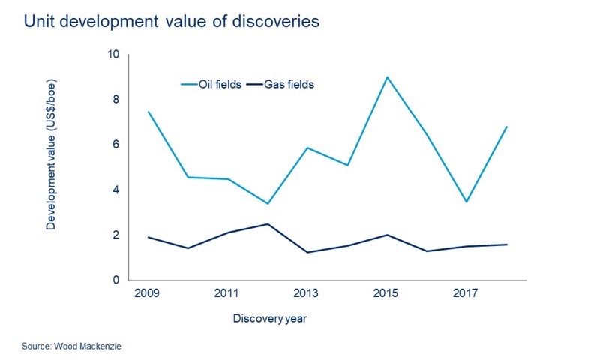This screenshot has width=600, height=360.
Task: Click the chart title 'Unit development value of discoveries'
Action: point(172,22)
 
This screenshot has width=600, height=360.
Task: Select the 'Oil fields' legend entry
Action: point(218,85)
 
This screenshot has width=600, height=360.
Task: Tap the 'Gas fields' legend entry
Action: point(288,85)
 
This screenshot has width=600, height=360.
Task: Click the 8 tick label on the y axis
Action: point(115,100)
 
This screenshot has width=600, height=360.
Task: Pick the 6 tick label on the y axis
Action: point(115,145)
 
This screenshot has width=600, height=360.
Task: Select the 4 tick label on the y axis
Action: point(115,190)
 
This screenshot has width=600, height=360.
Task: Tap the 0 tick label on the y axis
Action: point(115,280)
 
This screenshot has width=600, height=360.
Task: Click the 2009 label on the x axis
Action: point(147,292)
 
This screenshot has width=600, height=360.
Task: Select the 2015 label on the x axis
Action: point(386,292)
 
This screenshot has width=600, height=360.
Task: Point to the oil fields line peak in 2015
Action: point(386,77)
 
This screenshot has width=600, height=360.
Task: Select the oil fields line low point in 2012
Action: point(267,203)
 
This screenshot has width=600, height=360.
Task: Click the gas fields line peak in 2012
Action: point(267,223)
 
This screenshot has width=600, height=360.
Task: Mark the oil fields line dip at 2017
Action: point(466,202)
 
